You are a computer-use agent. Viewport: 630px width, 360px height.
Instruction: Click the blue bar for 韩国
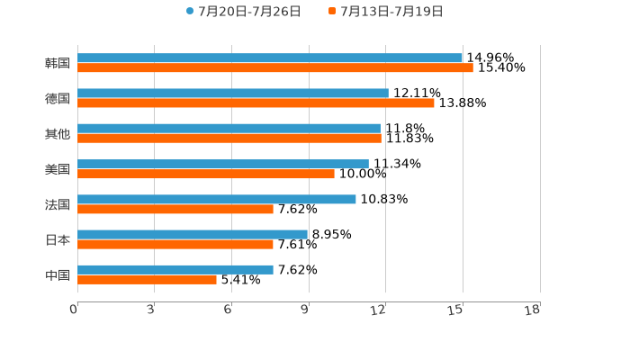click(x=270, y=58)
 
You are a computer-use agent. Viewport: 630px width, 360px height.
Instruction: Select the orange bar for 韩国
click(x=275, y=68)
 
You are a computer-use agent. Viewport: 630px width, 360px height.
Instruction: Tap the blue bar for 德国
click(x=233, y=94)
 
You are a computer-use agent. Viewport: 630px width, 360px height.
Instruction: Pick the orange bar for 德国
click(x=256, y=103)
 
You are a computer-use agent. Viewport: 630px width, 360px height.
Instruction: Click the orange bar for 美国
click(x=206, y=174)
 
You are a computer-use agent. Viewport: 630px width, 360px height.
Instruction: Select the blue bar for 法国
click(x=217, y=199)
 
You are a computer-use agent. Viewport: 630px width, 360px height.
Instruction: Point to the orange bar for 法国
click(x=175, y=209)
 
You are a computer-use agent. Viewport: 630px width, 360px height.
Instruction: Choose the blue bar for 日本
click(x=193, y=234)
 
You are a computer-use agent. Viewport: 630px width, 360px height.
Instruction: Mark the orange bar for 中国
click(x=147, y=280)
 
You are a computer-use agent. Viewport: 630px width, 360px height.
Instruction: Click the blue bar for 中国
click(x=175, y=269)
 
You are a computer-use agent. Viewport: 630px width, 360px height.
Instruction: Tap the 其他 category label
click(x=58, y=134)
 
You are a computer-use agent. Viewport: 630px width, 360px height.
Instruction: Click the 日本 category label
click(x=58, y=240)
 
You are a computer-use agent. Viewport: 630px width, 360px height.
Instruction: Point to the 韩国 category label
click(x=58, y=64)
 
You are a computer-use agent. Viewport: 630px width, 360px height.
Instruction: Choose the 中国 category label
click(x=58, y=275)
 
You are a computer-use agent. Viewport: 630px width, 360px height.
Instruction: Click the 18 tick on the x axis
click(x=533, y=310)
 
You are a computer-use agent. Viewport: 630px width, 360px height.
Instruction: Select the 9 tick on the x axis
click(x=305, y=310)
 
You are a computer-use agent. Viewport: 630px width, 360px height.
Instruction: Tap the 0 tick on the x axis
click(x=74, y=310)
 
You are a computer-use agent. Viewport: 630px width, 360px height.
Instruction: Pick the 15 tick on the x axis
click(x=456, y=310)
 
